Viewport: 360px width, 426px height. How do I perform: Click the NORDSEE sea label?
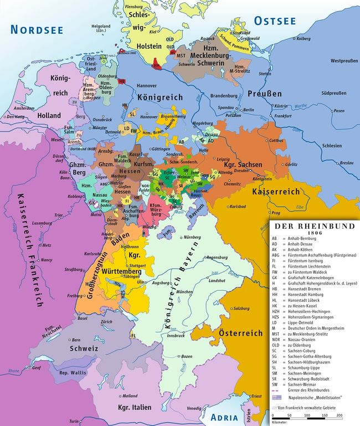click(x=37, y=29)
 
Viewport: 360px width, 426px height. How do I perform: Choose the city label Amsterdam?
click(x=22, y=109)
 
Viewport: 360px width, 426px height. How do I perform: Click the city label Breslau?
click(x=347, y=163)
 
